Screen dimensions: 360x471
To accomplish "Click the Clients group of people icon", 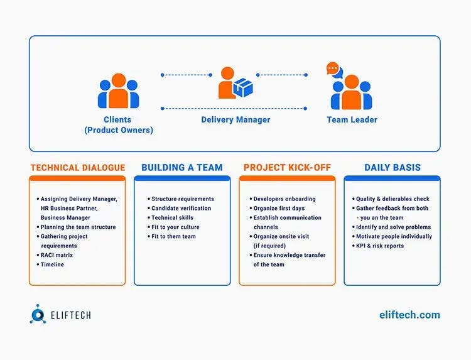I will [x=118, y=91].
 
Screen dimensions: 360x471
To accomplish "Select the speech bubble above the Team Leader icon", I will [x=333, y=68].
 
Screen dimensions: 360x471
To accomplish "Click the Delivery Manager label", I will [x=235, y=119].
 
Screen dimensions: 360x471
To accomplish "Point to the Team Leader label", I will [x=352, y=119].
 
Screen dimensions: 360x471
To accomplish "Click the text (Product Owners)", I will [x=119, y=131].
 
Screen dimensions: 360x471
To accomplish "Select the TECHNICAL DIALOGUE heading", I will [x=77, y=168].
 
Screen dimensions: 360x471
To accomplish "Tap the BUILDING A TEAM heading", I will [x=182, y=168].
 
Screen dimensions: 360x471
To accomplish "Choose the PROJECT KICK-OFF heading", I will [x=287, y=168].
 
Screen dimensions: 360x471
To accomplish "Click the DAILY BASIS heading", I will [x=392, y=168].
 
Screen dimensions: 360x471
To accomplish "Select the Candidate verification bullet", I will [x=181, y=208].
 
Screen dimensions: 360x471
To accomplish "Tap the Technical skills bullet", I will [x=173, y=217].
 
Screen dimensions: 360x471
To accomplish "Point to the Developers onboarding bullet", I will [x=284, y=199].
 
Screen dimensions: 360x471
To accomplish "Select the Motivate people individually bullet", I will [x=394, y=236].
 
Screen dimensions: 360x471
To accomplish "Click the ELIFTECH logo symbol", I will [x=38, y=315].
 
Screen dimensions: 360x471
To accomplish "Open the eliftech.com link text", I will [x=409, y=315].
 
